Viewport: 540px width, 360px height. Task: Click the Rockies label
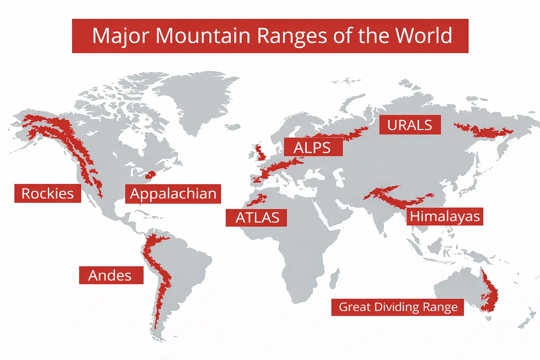coord(47,193)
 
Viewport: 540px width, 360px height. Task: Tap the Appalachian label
coord(173,194)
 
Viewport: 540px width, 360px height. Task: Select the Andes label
coord(111,275)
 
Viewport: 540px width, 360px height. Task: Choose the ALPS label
coord(313,147)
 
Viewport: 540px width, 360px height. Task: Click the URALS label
coord(410,125)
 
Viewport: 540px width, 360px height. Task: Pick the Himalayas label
coord(445,216)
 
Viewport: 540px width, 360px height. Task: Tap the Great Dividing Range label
coord(398,307)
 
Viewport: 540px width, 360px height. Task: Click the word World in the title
coord(423,36)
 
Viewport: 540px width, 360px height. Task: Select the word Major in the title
coord(121,36)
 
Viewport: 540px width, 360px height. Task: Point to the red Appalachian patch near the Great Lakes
coord(150,175)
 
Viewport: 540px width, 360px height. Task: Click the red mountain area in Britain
coord(261,153)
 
